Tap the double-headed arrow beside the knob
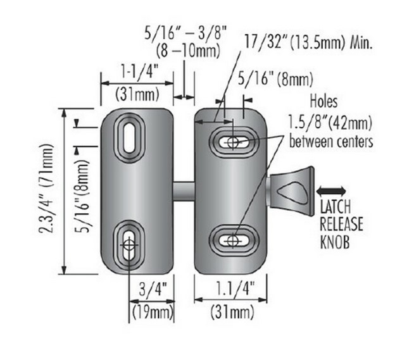tap(332, 190)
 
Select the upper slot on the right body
tap(233, 142)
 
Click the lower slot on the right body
tap(233, 240)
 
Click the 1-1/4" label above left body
tap(137, 73)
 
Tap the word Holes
tap(323, 101)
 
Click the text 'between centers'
tap(330, 142)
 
